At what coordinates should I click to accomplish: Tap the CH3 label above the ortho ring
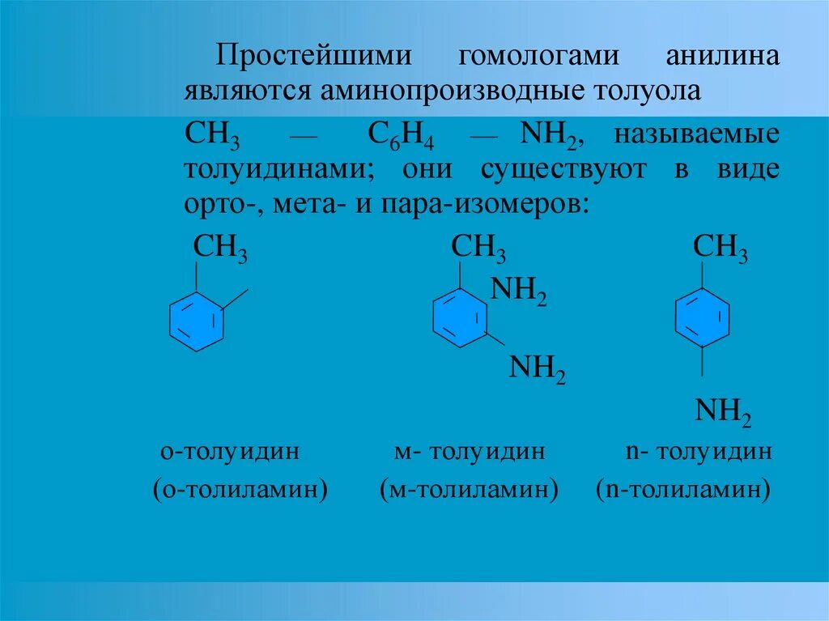click(x=220, y=249)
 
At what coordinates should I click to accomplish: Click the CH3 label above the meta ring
click(x=478, y=249)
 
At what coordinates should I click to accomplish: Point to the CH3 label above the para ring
click(x=721, y=249)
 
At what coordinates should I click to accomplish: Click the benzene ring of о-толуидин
click(x=197, y=321)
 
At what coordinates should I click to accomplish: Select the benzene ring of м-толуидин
click(x=461, y=319)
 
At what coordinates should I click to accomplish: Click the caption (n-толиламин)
click(x=682, y=490)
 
